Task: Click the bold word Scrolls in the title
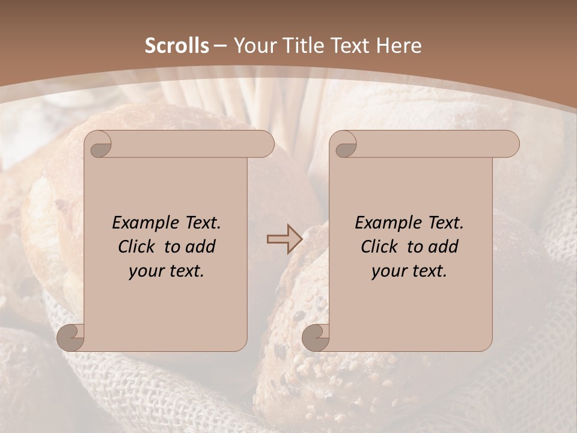click(x=177, y=46)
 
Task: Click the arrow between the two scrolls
click(x=284, y=239)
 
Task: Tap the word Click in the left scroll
click(x=139, y=247)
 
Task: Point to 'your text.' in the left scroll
click(x=166, y=271)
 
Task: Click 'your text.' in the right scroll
click(x=409, y=271)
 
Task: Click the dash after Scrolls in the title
click(x=221, y=46)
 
